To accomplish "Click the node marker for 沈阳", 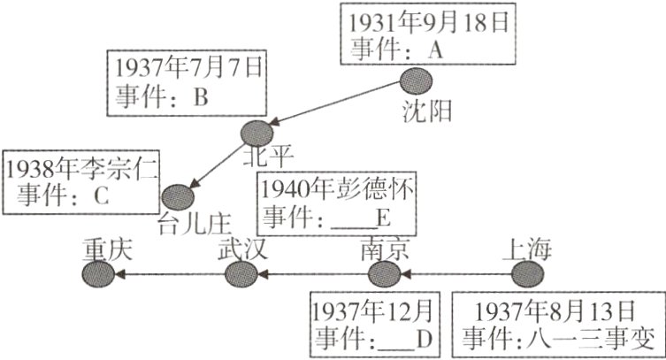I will pos(414,81).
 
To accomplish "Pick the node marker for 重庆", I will pos(97,275).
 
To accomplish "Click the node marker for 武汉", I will pos(240,275).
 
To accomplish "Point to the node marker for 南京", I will pos(383,275).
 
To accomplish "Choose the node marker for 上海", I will pos(528,275).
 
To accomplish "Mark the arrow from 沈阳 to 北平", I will pos(336,106).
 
